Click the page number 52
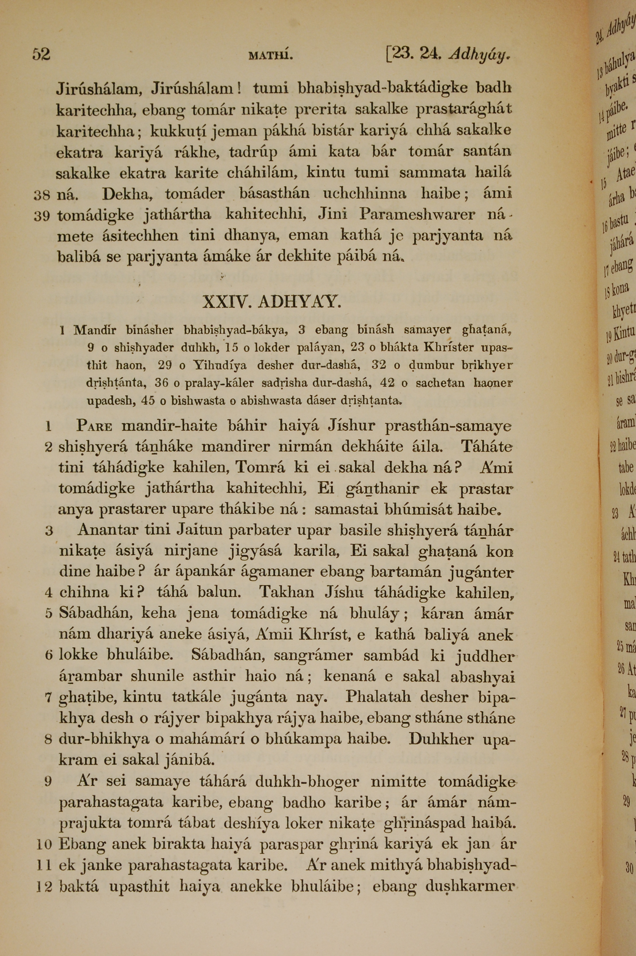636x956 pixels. tap(41, 54)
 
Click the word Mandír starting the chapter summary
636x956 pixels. tap(95, 330)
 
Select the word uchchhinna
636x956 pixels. tap(364, 194)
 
